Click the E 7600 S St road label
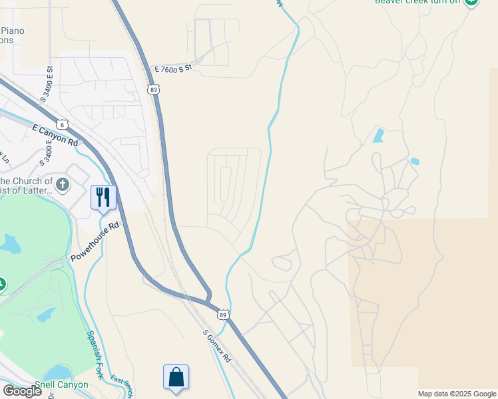[x=172, y=68]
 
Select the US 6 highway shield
[x=63, y=124]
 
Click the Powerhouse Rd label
[x=95, y=241]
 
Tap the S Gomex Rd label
[x=217, y=346]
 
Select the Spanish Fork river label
[x=95, y=354]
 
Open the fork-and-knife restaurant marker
[x=103, y=197]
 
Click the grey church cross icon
[x=63, y=184]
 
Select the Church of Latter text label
[x=27, y=186]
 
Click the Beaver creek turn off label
[x=417, y=2]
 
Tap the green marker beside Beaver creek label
[x=471, y=2]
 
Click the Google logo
[x=23, y=390]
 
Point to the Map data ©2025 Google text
[x=457, y=394]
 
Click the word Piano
[x=14, y=31]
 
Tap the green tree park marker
[x=2, y=285]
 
